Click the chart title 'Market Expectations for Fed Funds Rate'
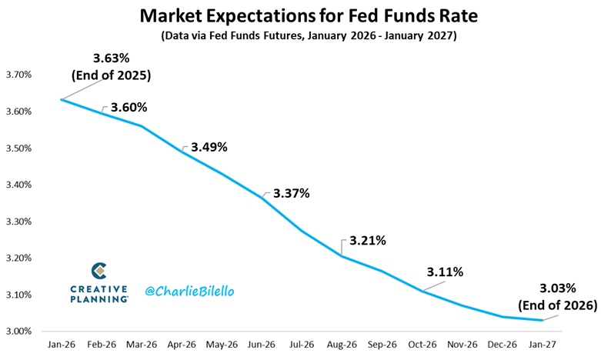300,15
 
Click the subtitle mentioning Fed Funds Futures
300,35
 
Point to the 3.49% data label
208,147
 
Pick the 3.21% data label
367,240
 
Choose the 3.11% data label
445,272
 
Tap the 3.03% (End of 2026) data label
569,296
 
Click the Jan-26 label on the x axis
61,348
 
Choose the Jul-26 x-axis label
302,348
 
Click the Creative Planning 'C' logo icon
99,271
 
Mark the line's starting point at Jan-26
61,99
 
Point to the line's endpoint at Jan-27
543,320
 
